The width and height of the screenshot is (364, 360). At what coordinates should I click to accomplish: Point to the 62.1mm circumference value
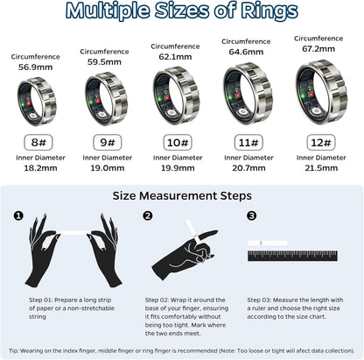(x=175, y=56)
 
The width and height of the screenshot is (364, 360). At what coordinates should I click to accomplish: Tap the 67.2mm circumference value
(x=318, y=49)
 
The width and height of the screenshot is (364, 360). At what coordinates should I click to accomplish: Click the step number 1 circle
(x=17, y=215)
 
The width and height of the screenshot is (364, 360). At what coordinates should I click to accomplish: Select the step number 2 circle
(x=148, y=215)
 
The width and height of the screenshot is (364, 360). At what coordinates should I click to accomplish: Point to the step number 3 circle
(x=252, y=215)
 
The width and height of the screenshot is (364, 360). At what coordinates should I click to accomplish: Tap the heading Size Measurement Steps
(x=182, y=195)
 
